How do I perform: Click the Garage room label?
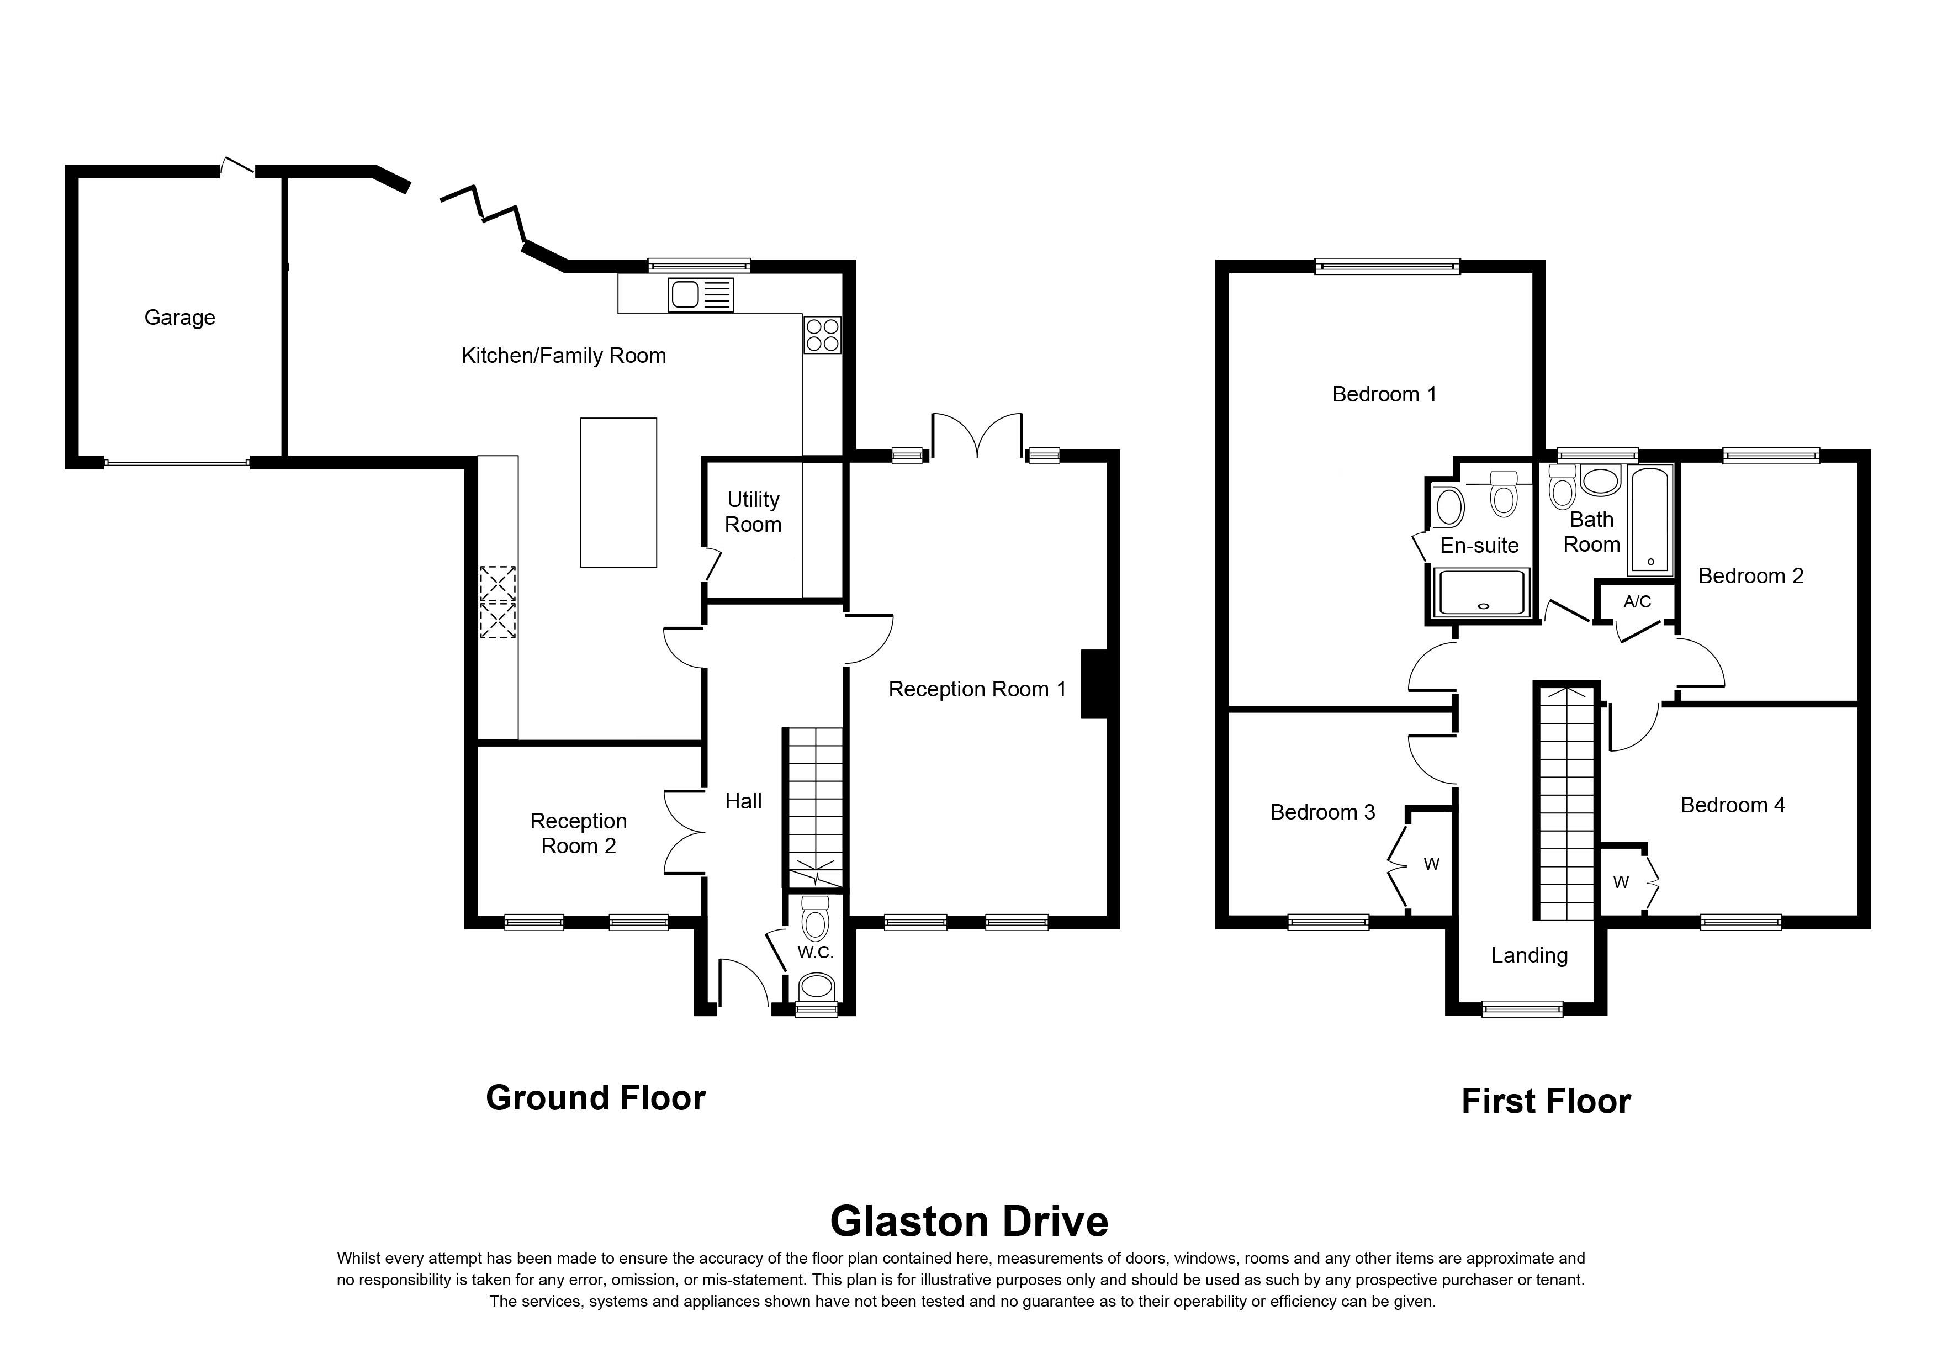click(x=179, y=318)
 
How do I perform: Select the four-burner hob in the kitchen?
click(x=822, y=334)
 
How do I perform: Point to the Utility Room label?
click(x=753, y=512)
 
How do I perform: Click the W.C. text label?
click(x=815, y=952)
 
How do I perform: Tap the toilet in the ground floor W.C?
click(x=815, y=918)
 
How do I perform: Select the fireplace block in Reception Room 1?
click(x=1094, y=684)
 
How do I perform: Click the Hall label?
click(x=743, y=801)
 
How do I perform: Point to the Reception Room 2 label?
click(x=579, y=833)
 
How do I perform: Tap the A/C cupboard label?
click(x=1637, y=601)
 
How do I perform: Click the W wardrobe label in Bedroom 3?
click(x=1432, y=864)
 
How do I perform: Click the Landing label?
click(x=1530, y=956)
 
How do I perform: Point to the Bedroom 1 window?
click(x=1387, y=267)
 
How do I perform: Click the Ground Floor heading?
click(x=596, y=1098)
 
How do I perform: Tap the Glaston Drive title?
click(x=970, y=1222)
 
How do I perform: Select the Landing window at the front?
click(x=1523, y=1009)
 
